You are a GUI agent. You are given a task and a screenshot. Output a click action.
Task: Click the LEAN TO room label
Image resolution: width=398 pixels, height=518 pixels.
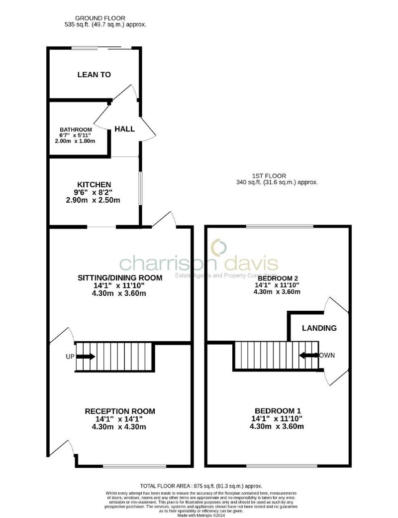(94, 75)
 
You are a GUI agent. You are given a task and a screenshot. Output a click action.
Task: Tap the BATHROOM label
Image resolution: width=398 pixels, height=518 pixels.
(76, 129)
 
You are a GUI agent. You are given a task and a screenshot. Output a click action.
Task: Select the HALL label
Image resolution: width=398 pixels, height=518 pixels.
(124, 129)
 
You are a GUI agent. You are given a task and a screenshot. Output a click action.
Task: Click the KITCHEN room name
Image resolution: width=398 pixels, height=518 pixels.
(94, 184)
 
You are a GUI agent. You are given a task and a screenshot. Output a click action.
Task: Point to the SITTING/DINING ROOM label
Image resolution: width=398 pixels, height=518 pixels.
(119, 277)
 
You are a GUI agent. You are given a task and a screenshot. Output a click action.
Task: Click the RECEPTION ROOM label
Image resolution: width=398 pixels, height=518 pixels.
(120, 411)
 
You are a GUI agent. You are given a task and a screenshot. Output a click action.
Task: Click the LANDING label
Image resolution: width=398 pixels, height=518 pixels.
(319, 328)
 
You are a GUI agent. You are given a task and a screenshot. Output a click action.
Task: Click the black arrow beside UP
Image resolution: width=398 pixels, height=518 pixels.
(86, 357)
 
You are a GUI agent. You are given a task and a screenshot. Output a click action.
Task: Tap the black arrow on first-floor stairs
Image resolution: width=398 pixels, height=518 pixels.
(308, 356)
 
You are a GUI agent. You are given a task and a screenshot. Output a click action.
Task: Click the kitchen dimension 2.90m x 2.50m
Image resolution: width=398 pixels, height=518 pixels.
(94, 200)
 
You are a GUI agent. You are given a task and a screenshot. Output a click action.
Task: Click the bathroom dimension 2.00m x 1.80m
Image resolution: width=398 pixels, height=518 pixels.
(75, 141)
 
